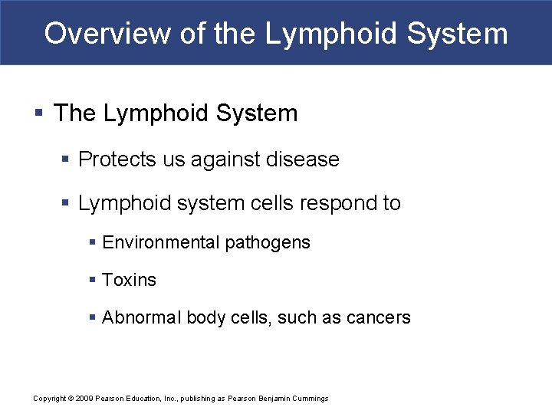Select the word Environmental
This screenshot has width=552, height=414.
coord(160,243)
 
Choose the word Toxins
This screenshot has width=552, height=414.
coord(129,281)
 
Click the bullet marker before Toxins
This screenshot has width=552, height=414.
coord(93,281)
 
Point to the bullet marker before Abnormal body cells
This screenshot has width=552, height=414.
coord(93,317)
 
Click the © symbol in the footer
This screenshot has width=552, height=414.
coord(71,399)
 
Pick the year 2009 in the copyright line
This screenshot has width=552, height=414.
coord(84,399)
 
